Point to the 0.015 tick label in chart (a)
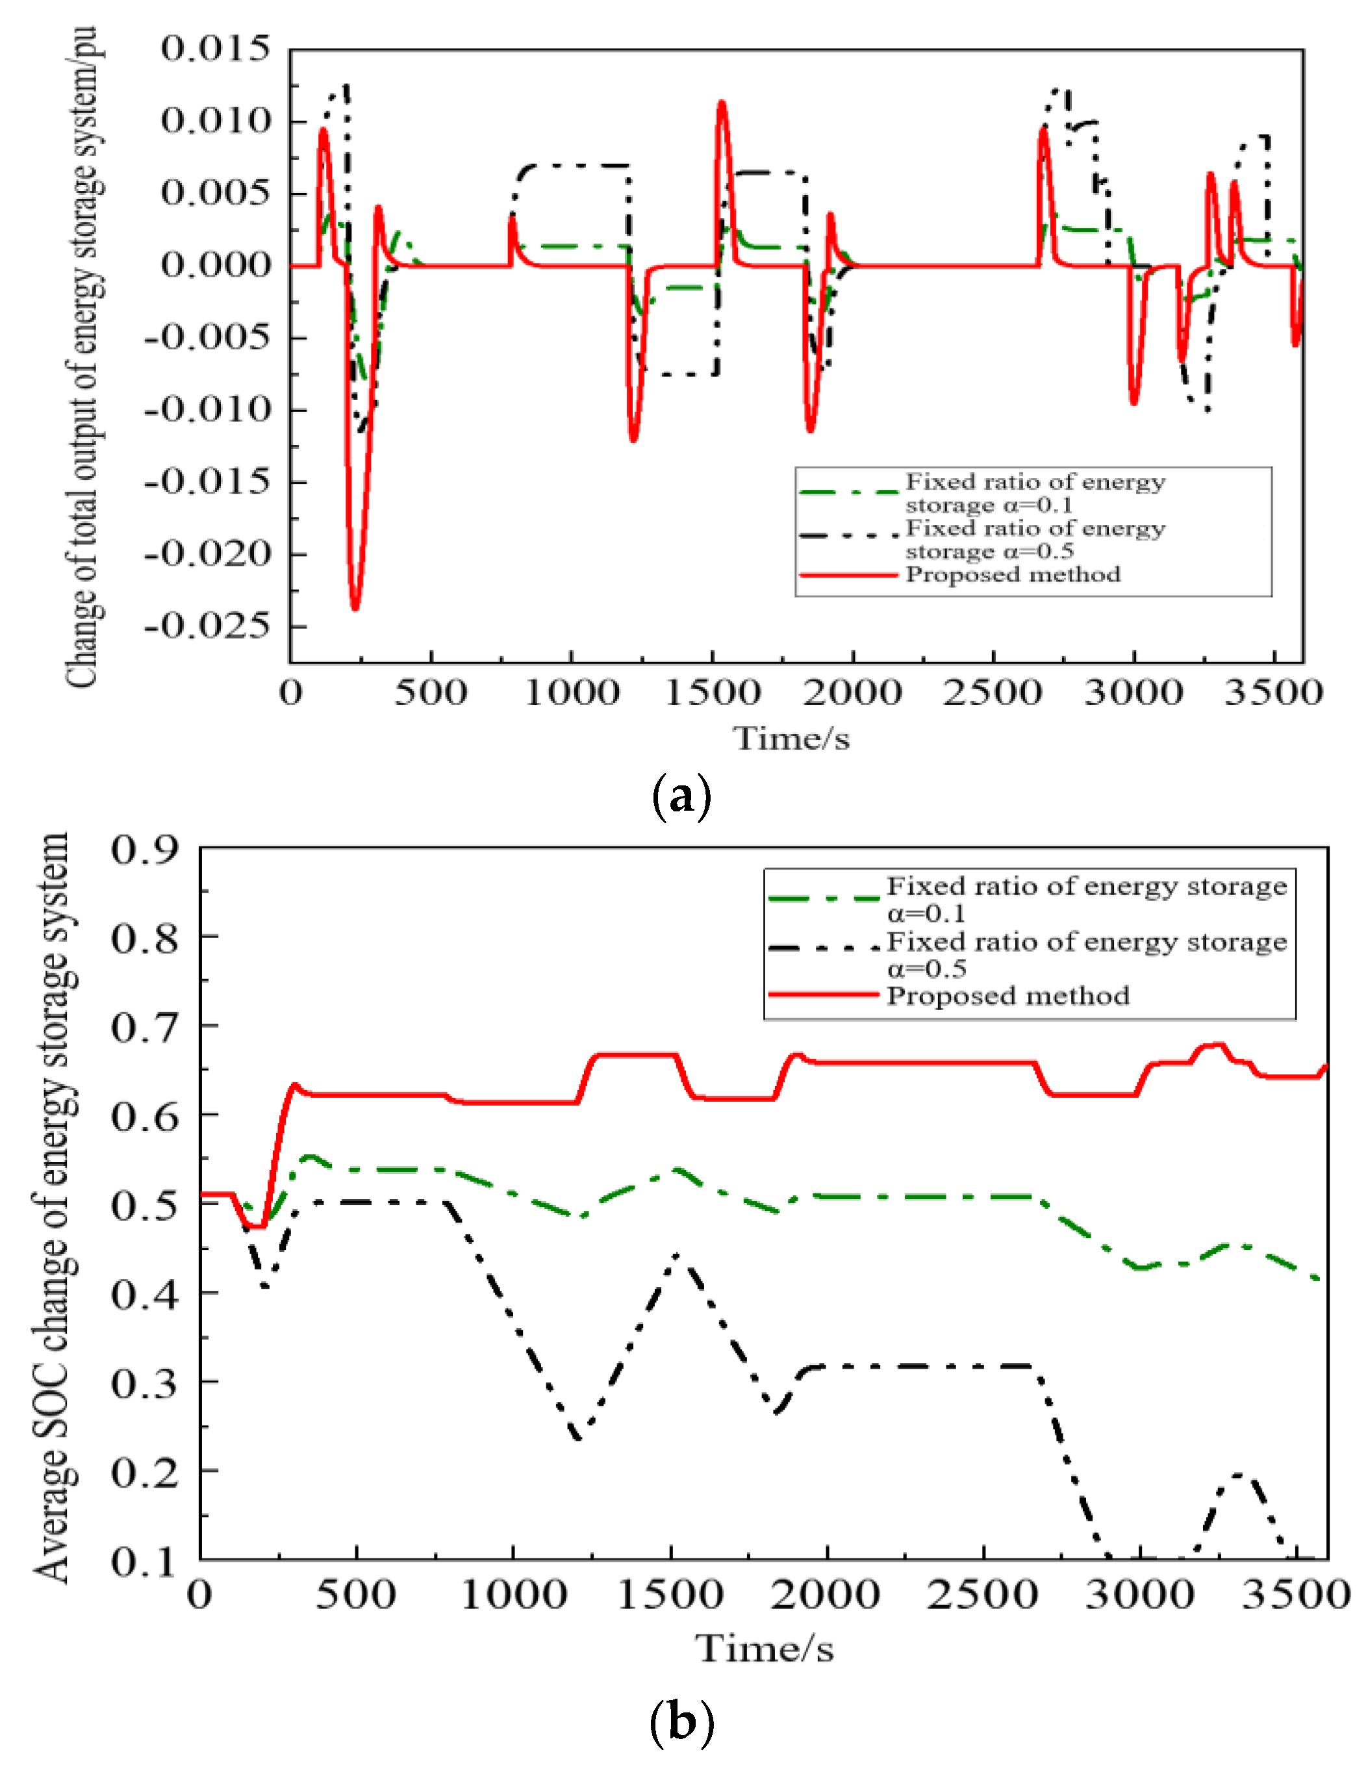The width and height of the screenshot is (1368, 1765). click(x=215, y=49)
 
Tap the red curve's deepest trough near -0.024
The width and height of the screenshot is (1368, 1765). click(x=355, y=608)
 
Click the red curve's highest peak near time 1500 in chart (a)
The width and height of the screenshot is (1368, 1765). click(x=722, y=103)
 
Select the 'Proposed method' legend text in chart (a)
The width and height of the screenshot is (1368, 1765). click(x=1013, y=575)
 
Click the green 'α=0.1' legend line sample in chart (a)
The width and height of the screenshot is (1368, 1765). click(x=848, y=491)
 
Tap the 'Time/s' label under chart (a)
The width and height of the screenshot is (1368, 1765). click(x=791, y=739)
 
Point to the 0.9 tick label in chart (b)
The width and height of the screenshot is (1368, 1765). click(x=144, y=850)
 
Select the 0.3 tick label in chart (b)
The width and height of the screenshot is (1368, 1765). click(x=144, y=1384)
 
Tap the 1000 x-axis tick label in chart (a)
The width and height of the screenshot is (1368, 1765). click(x=572, y=693)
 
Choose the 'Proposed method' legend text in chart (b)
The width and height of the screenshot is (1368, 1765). click(x=1007, y=996)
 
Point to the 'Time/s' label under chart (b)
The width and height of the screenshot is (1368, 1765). click(x=765, y=1649)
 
